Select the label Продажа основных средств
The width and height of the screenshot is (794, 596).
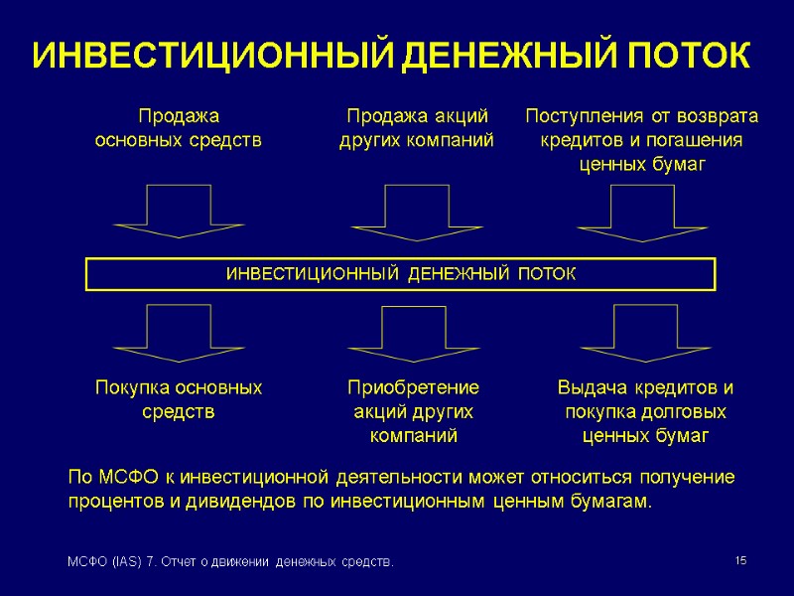tap(179, 128)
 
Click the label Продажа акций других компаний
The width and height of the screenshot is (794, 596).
tap(416, 128)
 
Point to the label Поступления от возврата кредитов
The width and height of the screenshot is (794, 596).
tap(641, 128)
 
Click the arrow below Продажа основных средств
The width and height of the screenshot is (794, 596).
tap(179, 211)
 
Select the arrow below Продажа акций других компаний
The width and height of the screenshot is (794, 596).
tap(416, 211)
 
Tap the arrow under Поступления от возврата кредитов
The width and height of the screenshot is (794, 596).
tap(641, 211)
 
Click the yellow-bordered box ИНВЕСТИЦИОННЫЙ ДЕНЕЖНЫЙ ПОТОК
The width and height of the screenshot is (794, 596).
tap(400, 273)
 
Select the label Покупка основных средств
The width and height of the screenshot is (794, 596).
tap(179, 398)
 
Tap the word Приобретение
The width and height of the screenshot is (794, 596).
tap(413, 387)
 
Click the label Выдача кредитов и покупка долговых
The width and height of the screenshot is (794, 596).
tap(645, 398)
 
